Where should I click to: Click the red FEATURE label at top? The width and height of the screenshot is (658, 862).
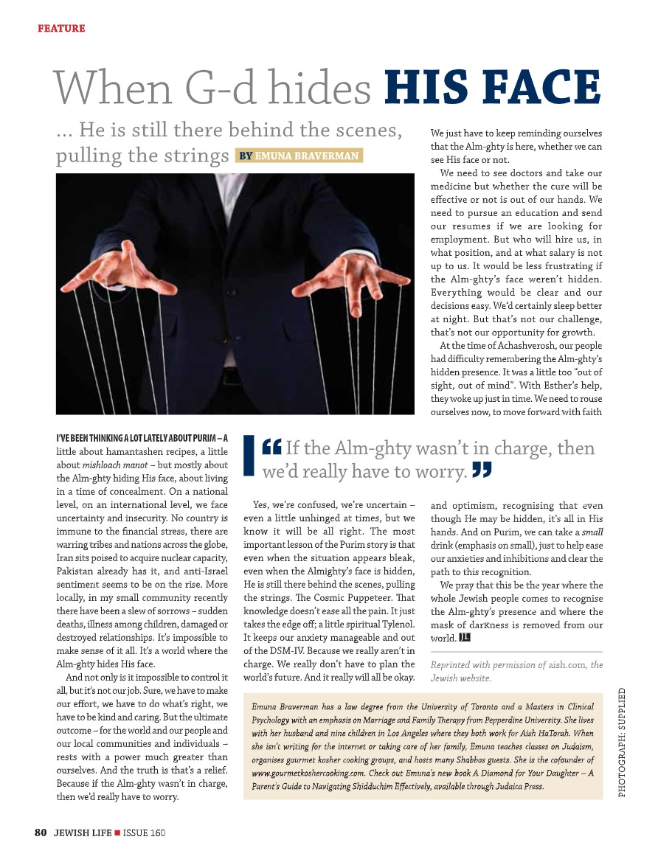[61, 29]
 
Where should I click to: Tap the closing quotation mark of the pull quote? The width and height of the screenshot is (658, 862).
[482, 470]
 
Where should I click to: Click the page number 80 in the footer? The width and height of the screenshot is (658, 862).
[41, 833]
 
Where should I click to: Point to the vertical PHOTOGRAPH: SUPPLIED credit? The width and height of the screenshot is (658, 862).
[623, 741]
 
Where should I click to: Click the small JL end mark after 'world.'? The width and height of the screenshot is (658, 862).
[465, 636]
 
